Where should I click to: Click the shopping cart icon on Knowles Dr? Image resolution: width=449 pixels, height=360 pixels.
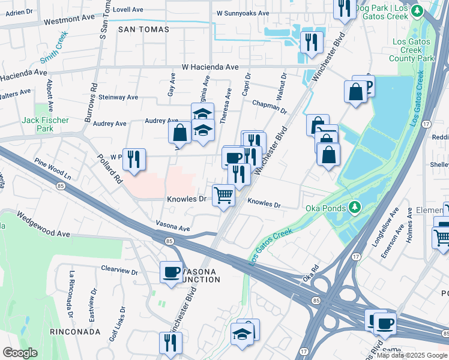pos(224,195)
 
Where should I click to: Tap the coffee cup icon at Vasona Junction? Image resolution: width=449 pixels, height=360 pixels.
pos(172,272)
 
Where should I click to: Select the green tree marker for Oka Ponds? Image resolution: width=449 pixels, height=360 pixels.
pos(355,208)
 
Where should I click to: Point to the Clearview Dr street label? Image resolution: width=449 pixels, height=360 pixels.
pos(119,270)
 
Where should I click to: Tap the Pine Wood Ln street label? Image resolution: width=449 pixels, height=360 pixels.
pos(52,169)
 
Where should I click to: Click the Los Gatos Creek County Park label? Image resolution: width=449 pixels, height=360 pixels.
pos(411,50)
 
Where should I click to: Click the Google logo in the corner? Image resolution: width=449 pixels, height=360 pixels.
pos(20,353)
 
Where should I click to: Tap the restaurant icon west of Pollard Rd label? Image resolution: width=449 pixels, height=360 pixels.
pos(134,159)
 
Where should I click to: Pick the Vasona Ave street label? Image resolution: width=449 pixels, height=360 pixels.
pos(173,229)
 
